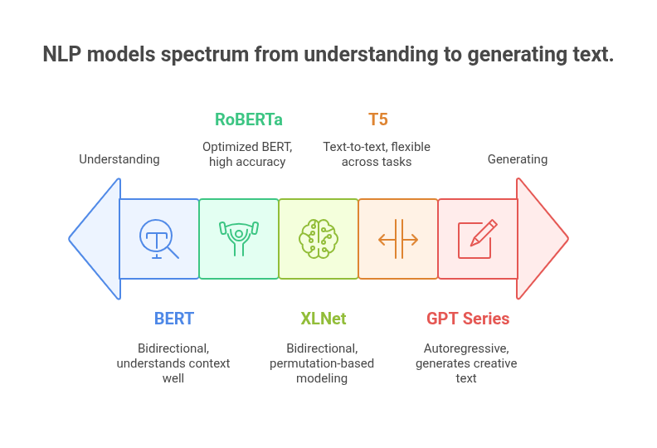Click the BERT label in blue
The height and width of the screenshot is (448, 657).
coord(173,318)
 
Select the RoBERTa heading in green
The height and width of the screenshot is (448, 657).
coord(249,119)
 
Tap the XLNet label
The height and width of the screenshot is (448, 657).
coord(324,318)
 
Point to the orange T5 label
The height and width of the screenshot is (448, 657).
coord(377,119)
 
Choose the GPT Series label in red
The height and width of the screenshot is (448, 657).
coord(468,318)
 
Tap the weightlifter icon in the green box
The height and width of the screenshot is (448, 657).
coord(239,239)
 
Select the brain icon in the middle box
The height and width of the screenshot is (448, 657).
coord(319,239)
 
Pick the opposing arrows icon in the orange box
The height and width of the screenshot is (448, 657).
coord(398,239)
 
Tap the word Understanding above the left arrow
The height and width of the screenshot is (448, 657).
coord(119,158)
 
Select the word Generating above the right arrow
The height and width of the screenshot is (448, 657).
coord(518,158)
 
